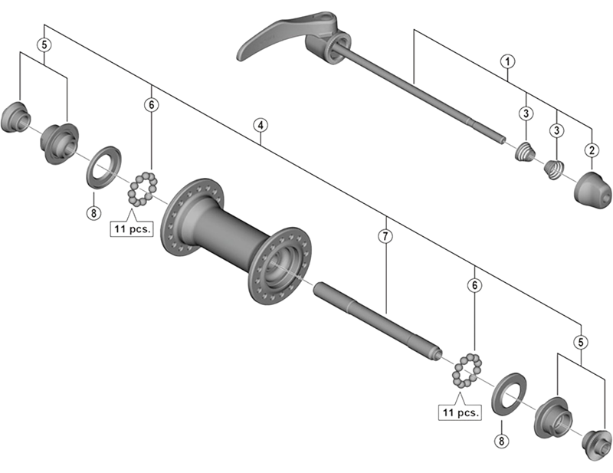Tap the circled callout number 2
[x=592, y=151]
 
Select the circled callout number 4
[x=261, y=124]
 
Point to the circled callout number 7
[x=385, y=237]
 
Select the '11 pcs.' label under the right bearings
[x=460, y=412]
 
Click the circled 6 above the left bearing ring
[x=152, y=103]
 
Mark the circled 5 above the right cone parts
[x=582, y=342]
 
